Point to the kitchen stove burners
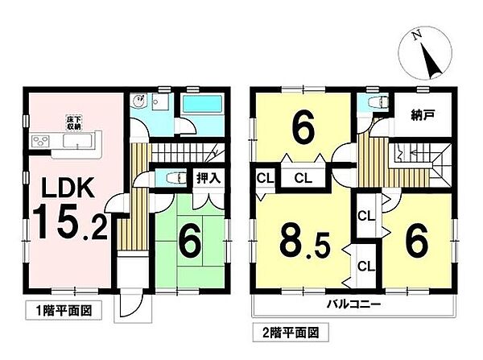coord(40,143)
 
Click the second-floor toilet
coord(372,104)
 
